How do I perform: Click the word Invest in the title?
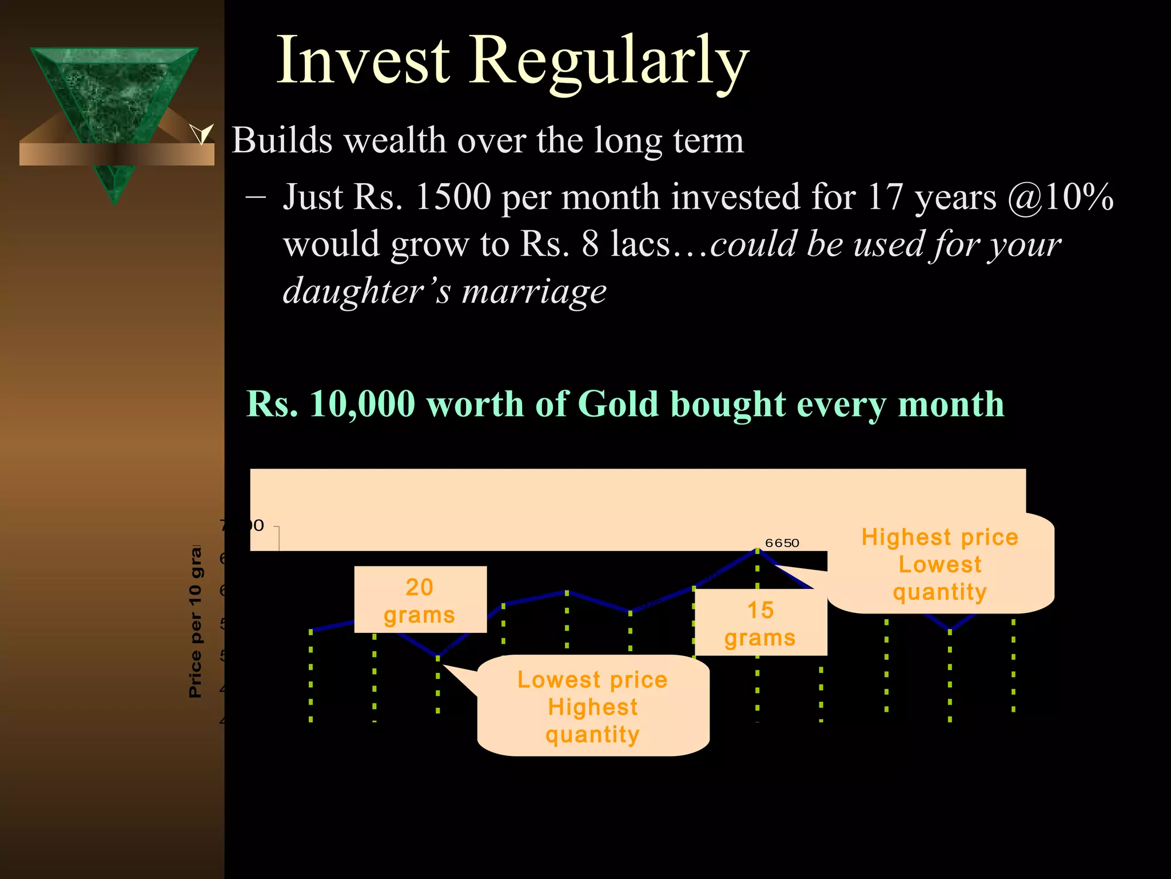pos(363,60)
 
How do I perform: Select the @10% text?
pos(1061,197)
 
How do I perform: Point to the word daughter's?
pos(367,291)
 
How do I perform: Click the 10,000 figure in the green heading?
pos(363,404)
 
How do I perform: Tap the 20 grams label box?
pos(420,600)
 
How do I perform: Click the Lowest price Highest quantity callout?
pos(593,706)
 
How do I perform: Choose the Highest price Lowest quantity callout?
pos(940,564)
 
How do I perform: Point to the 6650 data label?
pos(782,543)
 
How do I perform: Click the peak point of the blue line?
pos(758,551)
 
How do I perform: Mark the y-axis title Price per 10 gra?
pos(195,621)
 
